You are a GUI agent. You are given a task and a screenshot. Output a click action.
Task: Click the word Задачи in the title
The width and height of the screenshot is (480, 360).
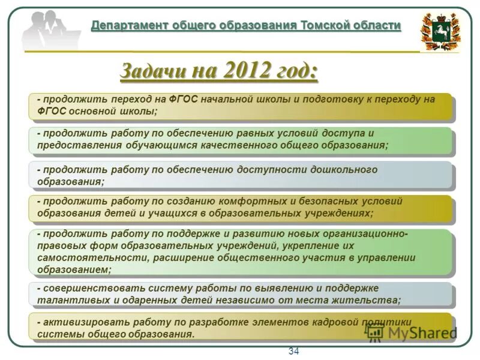pos(153,71)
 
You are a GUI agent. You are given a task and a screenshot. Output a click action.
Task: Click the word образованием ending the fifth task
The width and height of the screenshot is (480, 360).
pos(73,269)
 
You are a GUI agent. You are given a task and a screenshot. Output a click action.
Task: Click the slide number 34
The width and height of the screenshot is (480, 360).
pos(293,351)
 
